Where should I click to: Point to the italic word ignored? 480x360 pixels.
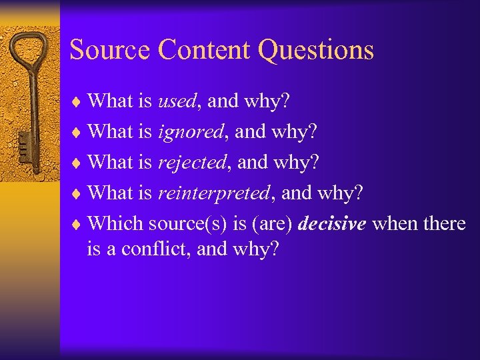(x=190, y=133)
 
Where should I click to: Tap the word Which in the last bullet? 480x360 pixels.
(x=116, y=224)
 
